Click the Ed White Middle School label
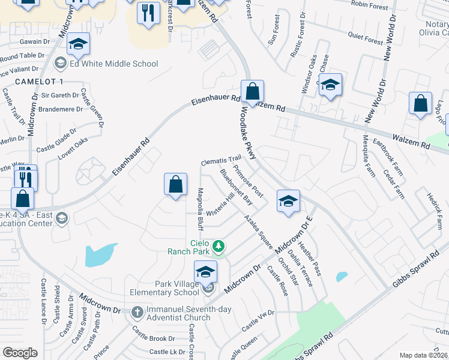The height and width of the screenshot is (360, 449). pos(113,64)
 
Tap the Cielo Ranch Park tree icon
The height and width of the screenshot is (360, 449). pos(220,245)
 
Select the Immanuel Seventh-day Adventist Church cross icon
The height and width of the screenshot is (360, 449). pos(137,311)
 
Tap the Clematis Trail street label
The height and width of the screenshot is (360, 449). pos(220,161)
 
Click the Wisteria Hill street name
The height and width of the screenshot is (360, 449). pos(220,204)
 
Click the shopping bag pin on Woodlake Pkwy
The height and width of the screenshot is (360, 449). pos(253,92)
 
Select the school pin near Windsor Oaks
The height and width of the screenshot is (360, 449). pos(330,85)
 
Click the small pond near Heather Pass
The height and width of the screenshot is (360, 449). pos(342,277)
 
